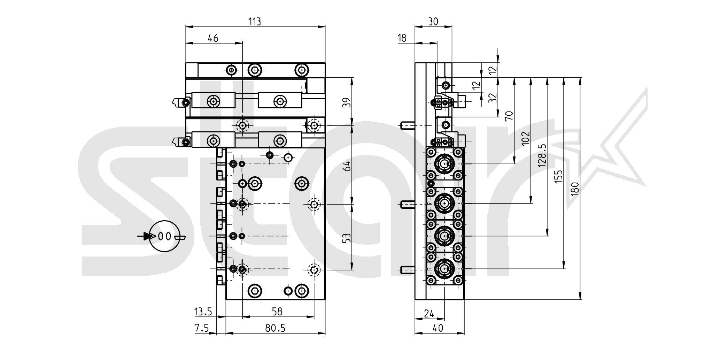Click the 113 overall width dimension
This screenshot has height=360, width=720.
pos(255,22)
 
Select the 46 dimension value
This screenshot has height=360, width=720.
pos(213,38)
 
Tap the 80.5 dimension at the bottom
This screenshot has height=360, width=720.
pos(275,328)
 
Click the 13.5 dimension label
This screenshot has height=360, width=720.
pos(203,311)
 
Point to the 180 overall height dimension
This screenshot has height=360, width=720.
pos(575,188)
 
